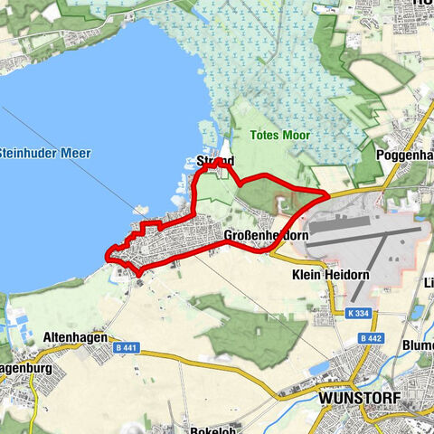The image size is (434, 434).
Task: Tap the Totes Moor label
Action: pos(278,137)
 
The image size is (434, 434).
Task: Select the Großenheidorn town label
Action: pos(267,236)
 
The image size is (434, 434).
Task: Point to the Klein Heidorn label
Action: pos(326,272)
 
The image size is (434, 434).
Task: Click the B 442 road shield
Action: pos(367,338)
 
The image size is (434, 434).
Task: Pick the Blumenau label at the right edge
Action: pos(417,345)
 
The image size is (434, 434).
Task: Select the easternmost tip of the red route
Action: pos(327,193)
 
